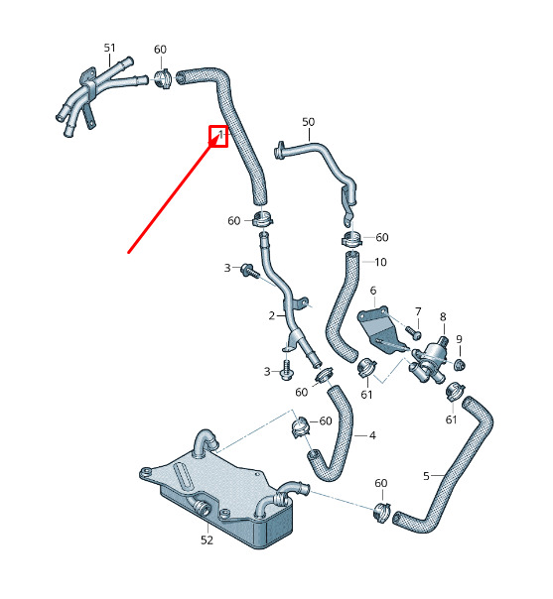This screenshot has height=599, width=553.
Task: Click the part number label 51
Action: pos(109,48)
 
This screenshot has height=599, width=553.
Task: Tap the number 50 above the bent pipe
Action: pos(308,122)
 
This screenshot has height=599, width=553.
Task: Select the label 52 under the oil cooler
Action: pos(207,539)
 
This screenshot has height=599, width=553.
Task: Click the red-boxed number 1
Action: pos(220,134)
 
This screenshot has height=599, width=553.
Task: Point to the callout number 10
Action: pos(380,262)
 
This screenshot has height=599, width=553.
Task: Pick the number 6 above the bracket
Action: pos(373,291)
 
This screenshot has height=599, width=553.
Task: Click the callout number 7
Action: pos(418,312)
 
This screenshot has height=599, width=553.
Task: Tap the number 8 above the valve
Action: pos(443,316)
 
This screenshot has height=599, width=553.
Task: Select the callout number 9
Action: pos(459,339)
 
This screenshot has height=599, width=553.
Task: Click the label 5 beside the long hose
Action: pos(426,476)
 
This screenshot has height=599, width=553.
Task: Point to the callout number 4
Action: pos(372,435)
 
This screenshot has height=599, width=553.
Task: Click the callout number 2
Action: pos(271,316)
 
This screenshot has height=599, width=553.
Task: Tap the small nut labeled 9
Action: pos(460,365)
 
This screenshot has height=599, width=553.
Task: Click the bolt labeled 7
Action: pos(413,332)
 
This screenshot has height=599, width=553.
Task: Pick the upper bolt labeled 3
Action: pos(249,271)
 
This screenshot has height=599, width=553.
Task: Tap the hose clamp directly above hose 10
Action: pos(351,239)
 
